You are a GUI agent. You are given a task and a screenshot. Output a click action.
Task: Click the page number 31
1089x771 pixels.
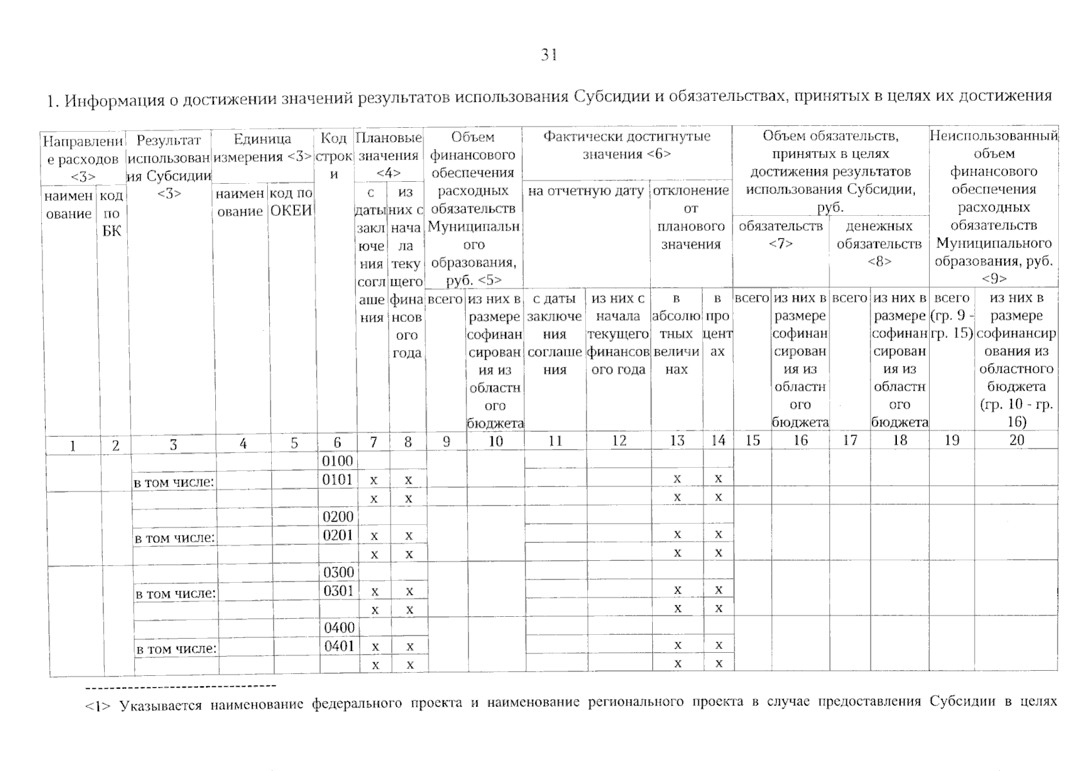(548, 56)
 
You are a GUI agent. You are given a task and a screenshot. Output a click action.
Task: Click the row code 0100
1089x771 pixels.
(337, 461)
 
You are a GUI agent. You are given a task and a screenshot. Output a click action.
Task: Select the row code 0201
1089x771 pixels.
(338, 535)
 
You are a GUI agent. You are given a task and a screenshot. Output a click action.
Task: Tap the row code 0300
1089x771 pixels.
(338, 572)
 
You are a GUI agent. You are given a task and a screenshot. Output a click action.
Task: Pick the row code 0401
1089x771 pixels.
(339, 646)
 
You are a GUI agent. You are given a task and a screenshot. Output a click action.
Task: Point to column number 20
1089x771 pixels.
(1016, 440)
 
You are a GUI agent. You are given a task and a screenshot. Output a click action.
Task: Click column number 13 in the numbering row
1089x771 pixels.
(677, 441)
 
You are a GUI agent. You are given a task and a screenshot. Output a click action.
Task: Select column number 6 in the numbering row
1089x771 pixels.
(337, 442)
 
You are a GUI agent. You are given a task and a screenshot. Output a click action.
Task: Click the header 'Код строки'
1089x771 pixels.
(334, 155)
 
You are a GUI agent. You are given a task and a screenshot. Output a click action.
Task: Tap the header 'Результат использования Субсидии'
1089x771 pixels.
(170, 166)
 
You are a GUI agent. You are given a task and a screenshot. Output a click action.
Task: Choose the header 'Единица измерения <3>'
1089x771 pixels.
(262, 148)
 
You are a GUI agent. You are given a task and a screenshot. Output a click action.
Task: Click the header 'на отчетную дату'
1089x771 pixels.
(586, 191)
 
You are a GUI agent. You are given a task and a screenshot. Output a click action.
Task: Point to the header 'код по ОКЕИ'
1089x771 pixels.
(291, 202)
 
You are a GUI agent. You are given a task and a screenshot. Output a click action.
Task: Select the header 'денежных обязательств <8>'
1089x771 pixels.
(879, 244)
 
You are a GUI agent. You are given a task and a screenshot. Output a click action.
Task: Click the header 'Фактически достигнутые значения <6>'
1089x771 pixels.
(626, 145)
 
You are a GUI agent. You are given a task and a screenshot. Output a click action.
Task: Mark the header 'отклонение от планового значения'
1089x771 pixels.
(691, 217)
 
